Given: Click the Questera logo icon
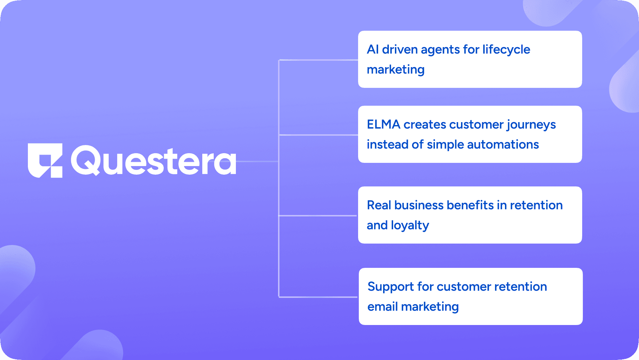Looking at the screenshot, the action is click(45, 161).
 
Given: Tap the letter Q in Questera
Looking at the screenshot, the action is click(86, 160).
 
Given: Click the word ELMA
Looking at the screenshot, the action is click(383, 124).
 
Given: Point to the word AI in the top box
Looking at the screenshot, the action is click(373, 49).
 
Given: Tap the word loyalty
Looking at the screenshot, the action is click(410, 225).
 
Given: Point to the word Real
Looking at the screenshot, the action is click(379, 205).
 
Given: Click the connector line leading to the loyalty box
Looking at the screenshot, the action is click(318, 216).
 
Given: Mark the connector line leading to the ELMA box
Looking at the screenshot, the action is click(318, 135).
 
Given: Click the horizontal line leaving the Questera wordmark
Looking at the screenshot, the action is click(257, 161).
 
